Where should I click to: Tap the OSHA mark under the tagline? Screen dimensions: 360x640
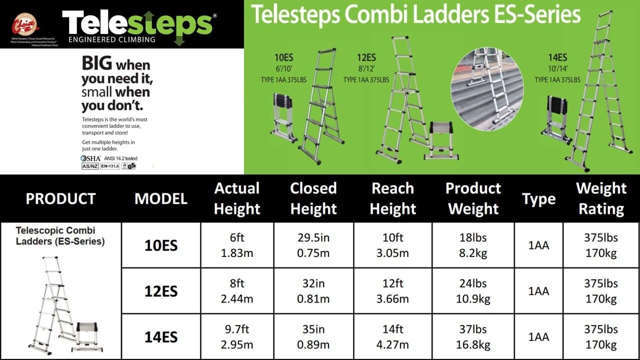pos(90,158)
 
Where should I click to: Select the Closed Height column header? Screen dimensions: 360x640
pos(313,198)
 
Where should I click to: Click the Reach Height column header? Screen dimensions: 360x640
pos(392,198)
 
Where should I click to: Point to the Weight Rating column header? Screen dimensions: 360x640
pos(601,198)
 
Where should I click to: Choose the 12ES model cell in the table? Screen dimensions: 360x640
pos(161,291)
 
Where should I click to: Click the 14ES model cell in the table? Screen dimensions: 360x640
pos(161,337)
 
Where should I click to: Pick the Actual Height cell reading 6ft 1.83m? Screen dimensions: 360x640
pos(237,245)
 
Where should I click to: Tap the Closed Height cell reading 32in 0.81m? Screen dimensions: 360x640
pos(313,291)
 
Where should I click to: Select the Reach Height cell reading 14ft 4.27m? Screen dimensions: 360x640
pos(392,337)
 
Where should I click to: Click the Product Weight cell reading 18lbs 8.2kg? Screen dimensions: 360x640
pos(473,245)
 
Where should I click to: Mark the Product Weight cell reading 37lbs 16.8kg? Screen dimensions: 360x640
pos(473,337)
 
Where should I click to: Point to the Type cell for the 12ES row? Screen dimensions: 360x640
pos(538,291)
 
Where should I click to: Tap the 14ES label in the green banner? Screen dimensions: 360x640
pos(557,58)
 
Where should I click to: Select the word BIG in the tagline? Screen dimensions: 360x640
pos(97,64)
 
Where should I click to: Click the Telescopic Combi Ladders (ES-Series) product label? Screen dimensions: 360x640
pos(60,236)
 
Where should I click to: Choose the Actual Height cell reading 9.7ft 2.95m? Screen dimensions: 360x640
pos(237,337)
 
